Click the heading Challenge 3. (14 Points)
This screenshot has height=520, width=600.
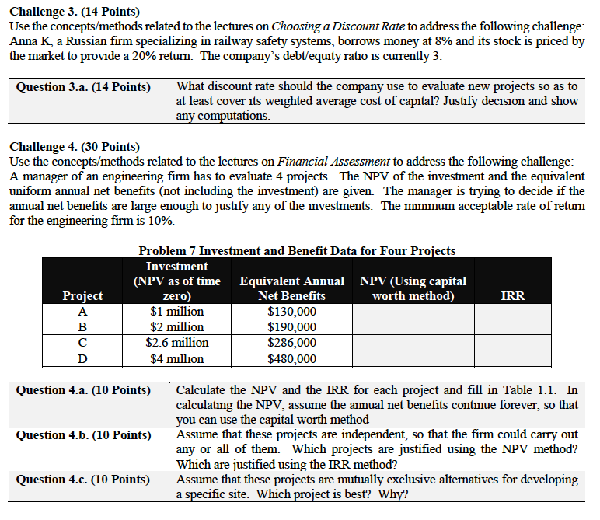(x=74, y=11)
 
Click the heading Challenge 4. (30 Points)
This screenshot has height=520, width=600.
(x=74, y=147)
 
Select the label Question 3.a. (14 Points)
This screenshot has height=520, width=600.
(x=84, y=86)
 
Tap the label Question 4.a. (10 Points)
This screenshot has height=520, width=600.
(x=84, y=389)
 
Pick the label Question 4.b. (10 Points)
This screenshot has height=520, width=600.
(x=84, y=434)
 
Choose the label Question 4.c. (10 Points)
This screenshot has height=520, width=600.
(x=84, y=480)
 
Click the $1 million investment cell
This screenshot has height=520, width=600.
(x=176, y=312)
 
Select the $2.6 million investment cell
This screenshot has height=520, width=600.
(x=176, y=343)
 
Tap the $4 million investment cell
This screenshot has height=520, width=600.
(x=176, y=358)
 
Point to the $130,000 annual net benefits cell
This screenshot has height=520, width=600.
(x=291, y=312)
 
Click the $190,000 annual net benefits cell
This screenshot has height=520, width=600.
(x=291, y=327)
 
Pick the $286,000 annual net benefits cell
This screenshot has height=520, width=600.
(x=291, y=343)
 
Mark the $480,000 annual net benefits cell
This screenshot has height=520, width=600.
(x=291, y=358)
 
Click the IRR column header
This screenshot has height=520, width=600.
(x=513, y=296)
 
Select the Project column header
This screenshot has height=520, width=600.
(x=82, y=296)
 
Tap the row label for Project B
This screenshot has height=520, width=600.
(x=82, y=327)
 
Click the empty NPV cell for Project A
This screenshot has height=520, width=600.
(x=413, y=312)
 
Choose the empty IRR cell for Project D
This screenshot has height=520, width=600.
(x=515, y=358)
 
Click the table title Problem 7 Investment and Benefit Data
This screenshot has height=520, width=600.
(x=297, y=250)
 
